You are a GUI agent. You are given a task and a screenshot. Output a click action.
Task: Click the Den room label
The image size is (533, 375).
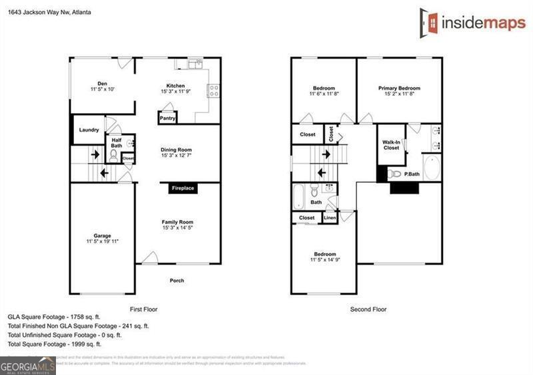[x=102, y=84]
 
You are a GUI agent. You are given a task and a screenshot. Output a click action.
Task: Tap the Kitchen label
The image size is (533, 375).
[x=175, y=86]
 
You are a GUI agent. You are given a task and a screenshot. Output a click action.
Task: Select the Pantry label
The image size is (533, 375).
[x=167, y=119]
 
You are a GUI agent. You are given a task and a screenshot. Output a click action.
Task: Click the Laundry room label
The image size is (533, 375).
[x=89, y=130]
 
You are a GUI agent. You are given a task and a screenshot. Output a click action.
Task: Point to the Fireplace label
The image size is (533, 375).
[x=183, y=188]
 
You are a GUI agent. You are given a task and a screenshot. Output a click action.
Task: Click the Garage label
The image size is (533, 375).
[x=102, y=235]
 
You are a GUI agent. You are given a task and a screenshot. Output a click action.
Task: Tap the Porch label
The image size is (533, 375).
[x=177, y=281]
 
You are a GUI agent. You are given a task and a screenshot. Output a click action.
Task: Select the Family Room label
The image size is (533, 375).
[x=177, y=222]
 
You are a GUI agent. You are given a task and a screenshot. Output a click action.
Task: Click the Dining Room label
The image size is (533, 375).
[x=177, y=150]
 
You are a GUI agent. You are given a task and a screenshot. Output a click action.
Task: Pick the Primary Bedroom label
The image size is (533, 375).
[x=399, y=88]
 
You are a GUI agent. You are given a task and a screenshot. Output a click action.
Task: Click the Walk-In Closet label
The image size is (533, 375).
[x=391, y=145]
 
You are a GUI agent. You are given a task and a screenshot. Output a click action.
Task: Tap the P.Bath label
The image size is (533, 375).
[x=411, y=174]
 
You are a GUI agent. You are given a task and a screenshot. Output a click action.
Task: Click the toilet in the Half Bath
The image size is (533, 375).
[x=113, y=157]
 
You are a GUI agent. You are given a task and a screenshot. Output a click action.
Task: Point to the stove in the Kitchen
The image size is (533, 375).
[x=215, y=90]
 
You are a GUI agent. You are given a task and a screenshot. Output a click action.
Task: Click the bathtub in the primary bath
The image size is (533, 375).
[x=432, y=168]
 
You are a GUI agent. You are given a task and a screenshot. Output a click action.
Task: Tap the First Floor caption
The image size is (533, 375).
[x=143, y=309]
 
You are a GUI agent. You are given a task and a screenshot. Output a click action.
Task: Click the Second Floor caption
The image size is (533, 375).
[x=368, y=309]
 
